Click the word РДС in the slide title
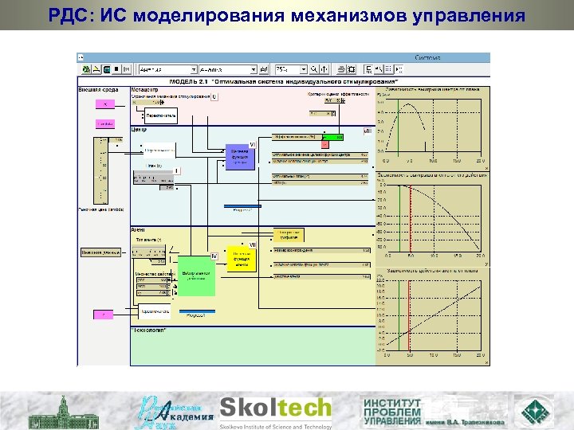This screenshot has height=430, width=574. pyautogui.click(x=65, y=15)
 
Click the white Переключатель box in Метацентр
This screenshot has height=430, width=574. pyautogui.click(x=159, y=117)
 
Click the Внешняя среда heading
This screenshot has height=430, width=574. pyautogui.click(x=98, y=89)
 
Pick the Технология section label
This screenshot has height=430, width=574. pyautogui.click(x=149, y=329)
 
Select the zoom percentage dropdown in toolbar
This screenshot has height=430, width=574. pyautogui.click(x=292, y=69)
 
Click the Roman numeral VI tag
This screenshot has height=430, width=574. pyautogui.click(x=253, y=144)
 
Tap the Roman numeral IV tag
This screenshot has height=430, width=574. pyautogui.click(x=214, y=255)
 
